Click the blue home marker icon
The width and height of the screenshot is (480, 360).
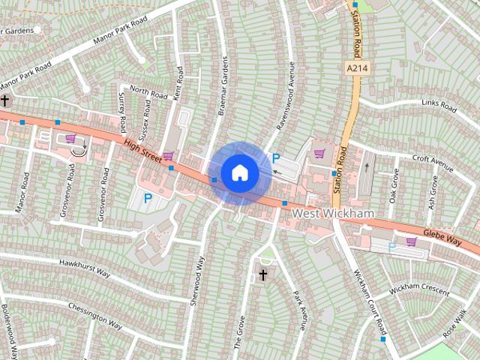click(239, 172)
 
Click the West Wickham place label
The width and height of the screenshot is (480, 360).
click(332, 214)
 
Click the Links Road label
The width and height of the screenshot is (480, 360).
click(439, 106)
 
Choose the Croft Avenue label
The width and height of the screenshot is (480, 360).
click(433, 160)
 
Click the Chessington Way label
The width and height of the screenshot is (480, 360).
click(94, 316)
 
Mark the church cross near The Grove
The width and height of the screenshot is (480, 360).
click(263, 276)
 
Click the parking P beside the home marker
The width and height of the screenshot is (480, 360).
click(275, 159)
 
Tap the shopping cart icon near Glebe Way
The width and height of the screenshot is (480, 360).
click(411, 241)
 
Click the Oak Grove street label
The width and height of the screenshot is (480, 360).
click(393, 184)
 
